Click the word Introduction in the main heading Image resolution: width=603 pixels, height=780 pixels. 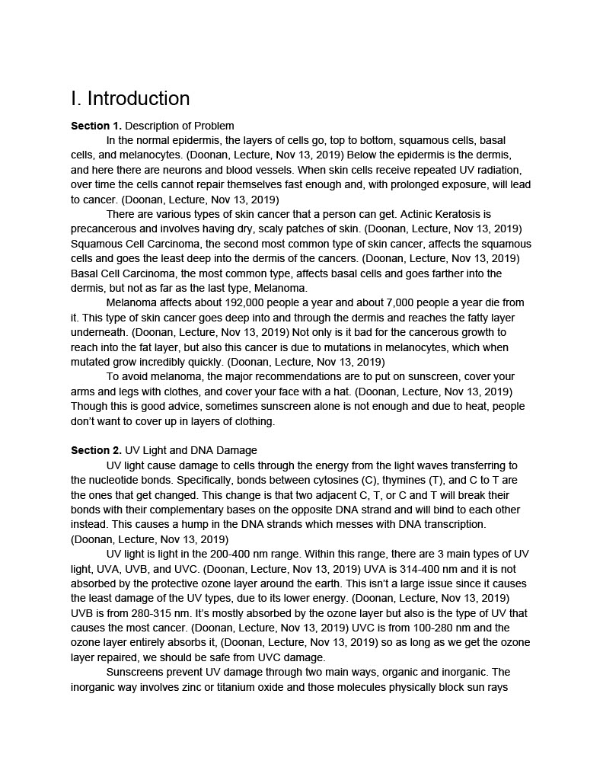point(139,99)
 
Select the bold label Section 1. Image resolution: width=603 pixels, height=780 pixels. point(96,126)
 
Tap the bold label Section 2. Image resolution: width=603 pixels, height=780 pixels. point(96,451)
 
